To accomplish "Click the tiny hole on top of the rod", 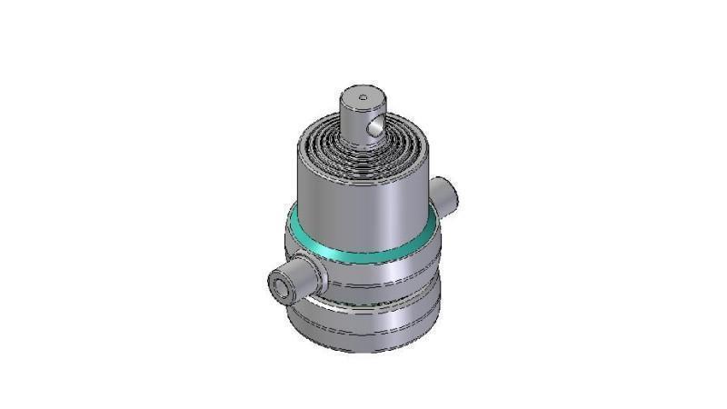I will tap(363, 95).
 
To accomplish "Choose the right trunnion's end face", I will tap(452, 193).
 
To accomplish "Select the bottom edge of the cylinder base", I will tap(363, 350).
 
